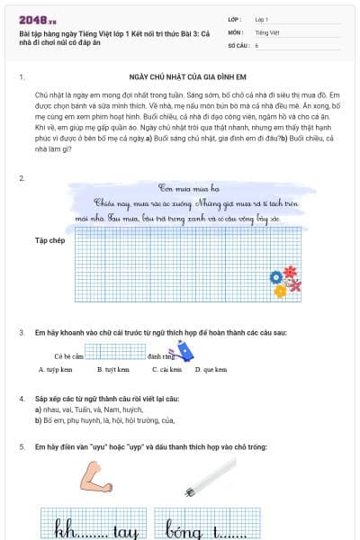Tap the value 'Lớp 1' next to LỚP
tap(262, 19)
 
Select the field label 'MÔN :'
tap(236, 31)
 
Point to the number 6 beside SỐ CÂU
tap(256, 44)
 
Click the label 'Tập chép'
tap(49, 241)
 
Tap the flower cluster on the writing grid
tap(285, 280)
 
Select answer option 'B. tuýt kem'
tap(112, 369)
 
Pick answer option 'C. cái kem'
tap(166, 369)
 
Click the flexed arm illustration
tap(94, 476)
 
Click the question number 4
tap(22, 397)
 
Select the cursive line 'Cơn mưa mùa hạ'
tap(189, 189)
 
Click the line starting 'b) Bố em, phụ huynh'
tap(105, 419)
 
